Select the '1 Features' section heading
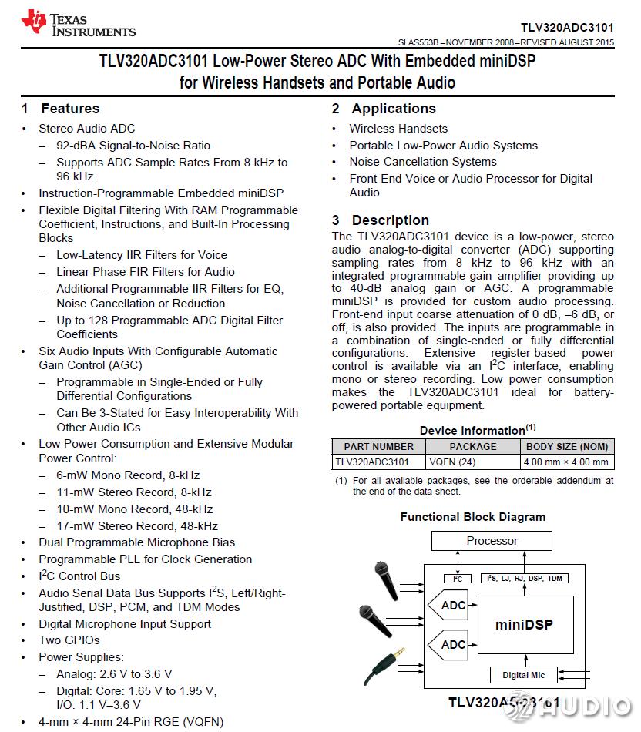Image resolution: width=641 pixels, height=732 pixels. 61,109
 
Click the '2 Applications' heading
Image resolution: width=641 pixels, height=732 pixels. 384,109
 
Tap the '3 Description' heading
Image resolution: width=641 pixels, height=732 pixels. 381,220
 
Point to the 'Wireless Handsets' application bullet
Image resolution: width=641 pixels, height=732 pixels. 398,129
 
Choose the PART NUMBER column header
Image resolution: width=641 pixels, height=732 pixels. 378,446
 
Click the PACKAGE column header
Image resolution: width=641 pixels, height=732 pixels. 473,446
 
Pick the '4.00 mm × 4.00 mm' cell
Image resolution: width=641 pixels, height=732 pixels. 566,462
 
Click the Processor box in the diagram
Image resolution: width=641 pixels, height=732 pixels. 492,541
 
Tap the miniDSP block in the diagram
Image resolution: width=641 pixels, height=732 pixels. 524,624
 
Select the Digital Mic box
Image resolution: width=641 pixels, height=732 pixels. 523,675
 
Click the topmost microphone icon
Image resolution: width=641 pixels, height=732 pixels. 384,576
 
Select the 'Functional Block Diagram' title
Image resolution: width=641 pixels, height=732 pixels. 472,517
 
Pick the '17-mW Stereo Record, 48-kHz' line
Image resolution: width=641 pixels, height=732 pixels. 137,526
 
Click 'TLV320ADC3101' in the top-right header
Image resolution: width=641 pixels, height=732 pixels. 567,26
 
